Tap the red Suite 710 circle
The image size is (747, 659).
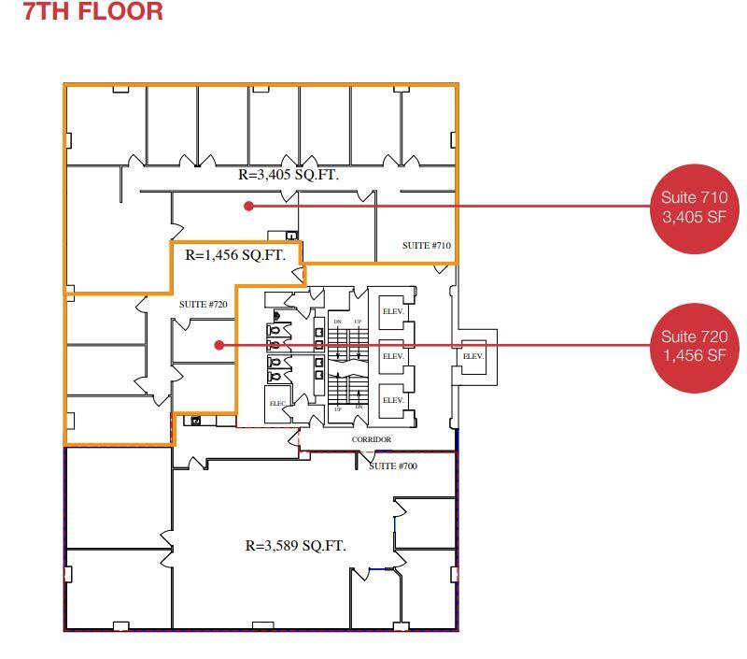[x=693, y=207]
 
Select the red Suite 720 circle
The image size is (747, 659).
[x=693, y=346]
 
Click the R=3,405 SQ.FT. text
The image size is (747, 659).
[x=289, y=175]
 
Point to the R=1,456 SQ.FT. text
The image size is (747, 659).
[x=235, y=255]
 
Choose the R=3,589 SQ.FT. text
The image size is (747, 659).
[x=295, y=546]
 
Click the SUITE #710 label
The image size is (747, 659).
[x=427, y=246]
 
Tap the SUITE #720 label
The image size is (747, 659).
[x=204, y=305]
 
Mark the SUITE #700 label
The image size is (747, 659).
[x=393, y=466]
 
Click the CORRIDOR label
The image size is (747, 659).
[x=371, y=439]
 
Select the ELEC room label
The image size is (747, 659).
[x=277, y=404]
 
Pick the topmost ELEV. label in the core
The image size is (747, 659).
[x=393, y=311]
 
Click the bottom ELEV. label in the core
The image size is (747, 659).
[x=393, y=400]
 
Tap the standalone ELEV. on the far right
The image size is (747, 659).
[x=473, y=356]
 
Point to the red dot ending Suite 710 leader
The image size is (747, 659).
[x=248, y=206]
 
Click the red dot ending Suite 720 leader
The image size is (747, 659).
[x=218, y=345]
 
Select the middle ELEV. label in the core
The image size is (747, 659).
[x=393, y=356]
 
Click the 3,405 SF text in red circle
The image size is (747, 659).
[x=693, y=218]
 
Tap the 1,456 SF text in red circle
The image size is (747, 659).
[x=693, y=356]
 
